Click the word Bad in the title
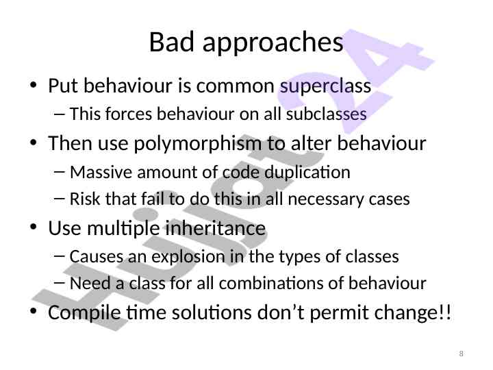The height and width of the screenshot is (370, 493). tap(172, 42)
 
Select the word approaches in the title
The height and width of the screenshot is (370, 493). tap(273, 44)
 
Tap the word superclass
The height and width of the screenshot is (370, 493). tap(325, 86)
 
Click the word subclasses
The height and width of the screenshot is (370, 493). tap(326, 114)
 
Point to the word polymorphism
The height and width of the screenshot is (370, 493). tap(197, 144)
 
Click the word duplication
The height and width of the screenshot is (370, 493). tap(307, 173)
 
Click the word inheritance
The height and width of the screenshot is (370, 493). tap(216, 228)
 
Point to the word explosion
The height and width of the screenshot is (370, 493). tap(189, 257)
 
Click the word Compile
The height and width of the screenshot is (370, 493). tap(84, 313)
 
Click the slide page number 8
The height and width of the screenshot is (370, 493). tap(461, 354)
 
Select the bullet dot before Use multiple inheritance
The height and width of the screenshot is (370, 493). tap(34, 227)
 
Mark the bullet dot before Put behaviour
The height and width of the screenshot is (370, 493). tap(34, 85)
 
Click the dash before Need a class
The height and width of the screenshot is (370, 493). tap(60, 283)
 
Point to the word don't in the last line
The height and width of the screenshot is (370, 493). tap(281, 312)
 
